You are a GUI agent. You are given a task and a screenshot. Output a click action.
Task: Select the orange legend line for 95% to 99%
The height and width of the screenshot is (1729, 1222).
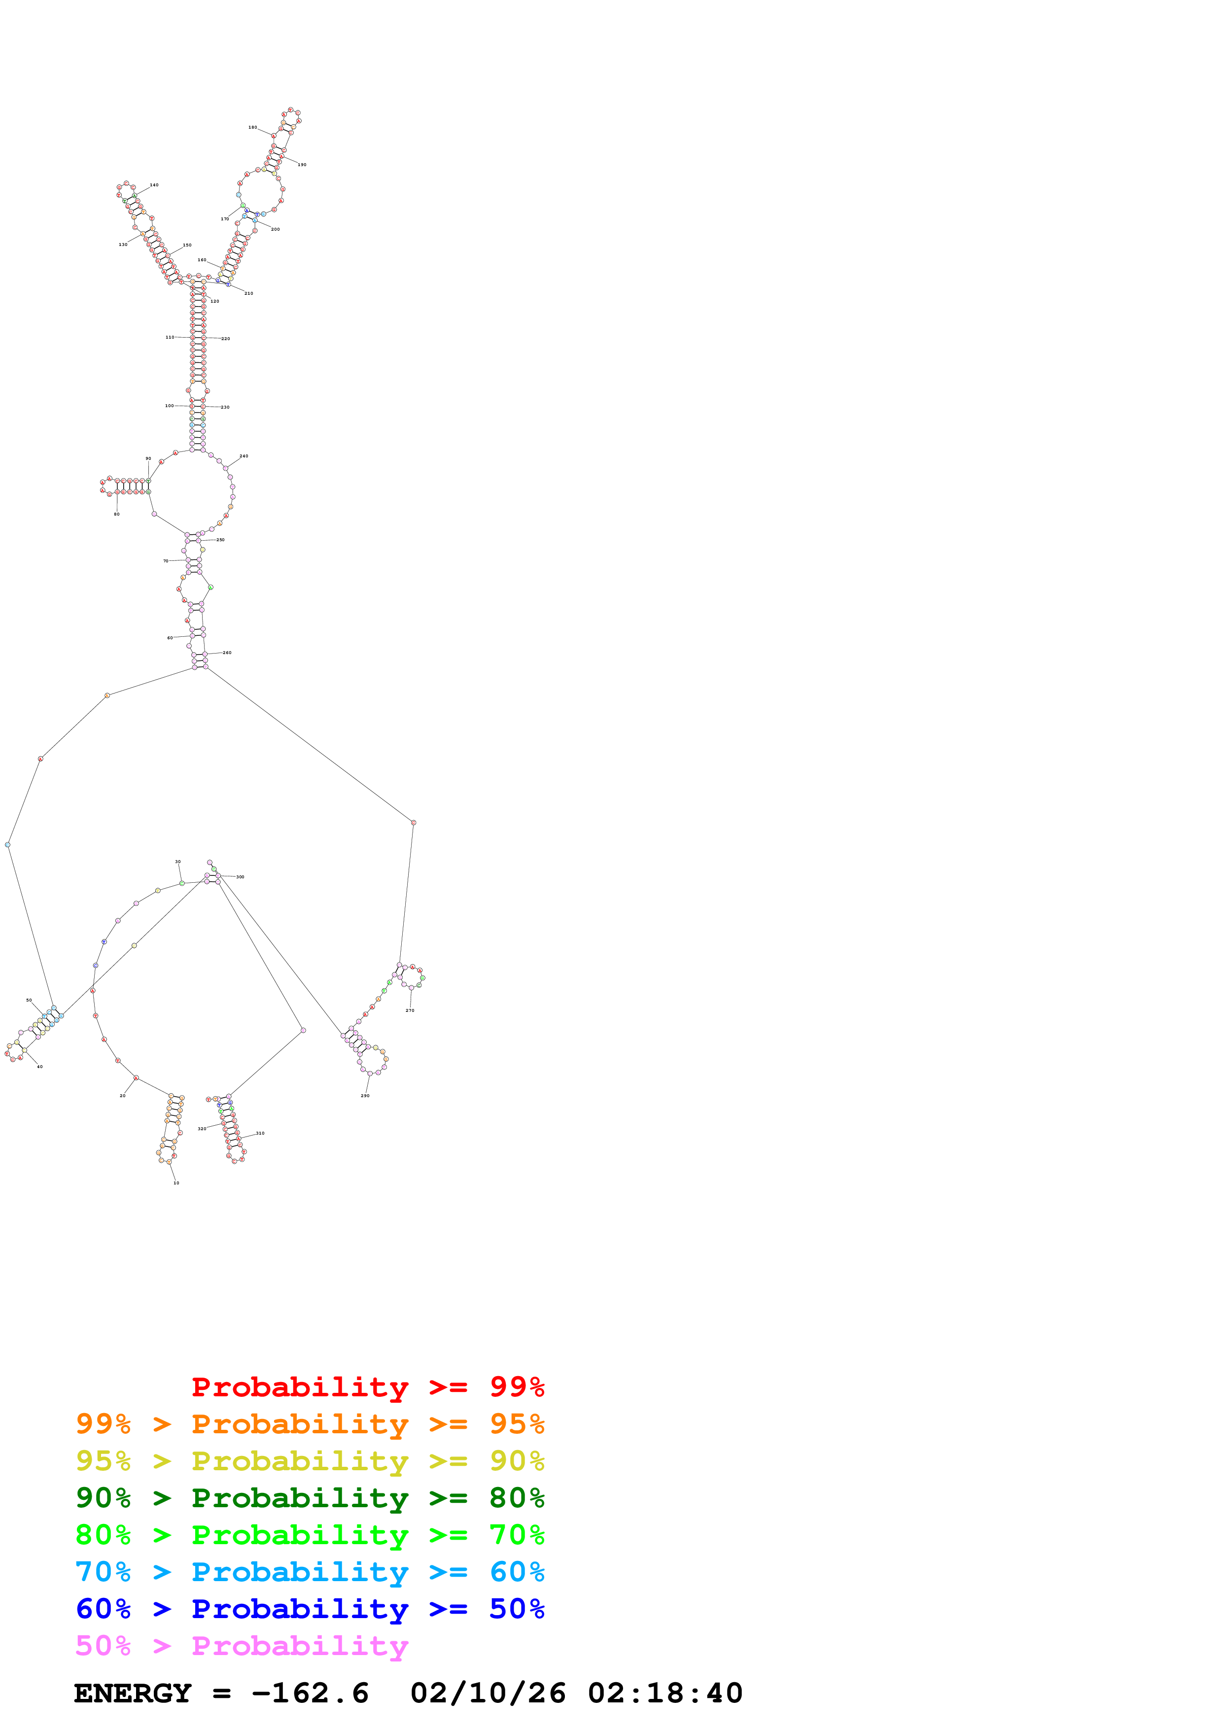[x=310, y=1424]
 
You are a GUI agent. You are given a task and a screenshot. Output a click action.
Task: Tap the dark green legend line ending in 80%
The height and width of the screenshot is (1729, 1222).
[x=310, y=1498]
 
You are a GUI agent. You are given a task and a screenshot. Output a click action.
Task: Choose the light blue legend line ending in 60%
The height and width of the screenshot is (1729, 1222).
[x=310, y=1572]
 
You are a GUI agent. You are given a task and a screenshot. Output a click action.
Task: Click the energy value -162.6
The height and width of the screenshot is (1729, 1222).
[x=310, y=1693]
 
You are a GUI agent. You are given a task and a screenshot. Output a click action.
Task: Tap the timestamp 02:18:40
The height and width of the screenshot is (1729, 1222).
[x=665, y=1693]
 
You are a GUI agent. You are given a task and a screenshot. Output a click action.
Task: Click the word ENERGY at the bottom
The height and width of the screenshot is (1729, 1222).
[x=133, y=1693]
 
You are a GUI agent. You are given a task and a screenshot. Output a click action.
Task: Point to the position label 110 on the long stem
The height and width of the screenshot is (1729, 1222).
[x=170, y=337]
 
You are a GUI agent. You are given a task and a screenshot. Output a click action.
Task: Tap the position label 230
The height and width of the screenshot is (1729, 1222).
[x=225, y=408]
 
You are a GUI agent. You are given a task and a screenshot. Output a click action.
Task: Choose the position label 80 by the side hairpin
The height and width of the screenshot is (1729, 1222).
[x=117, y=515]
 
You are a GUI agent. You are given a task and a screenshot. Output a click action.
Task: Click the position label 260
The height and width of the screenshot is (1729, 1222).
[x=227, y=653]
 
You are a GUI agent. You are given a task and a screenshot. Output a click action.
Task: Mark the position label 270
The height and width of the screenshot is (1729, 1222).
[x=410, y=1010]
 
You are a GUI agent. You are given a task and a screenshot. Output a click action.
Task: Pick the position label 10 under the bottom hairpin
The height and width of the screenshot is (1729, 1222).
[x=176, y=1183]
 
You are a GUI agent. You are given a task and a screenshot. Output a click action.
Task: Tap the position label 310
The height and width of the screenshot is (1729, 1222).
[x=260, y=1133]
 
